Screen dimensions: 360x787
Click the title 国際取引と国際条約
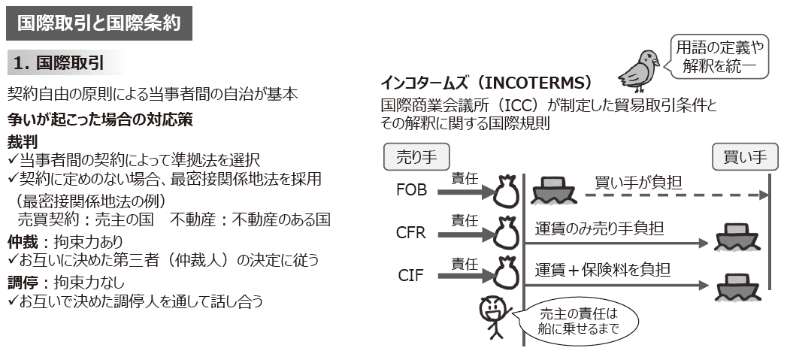point(98,23)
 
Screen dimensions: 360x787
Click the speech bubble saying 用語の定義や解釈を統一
point(720,56)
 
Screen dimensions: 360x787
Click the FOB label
point(411,190)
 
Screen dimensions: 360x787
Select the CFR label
point(411,232)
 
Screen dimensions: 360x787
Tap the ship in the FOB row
point(554,191)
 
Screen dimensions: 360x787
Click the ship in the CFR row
point(734,238)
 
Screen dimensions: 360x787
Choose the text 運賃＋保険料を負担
point(603,269)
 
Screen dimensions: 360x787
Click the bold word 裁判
point(22,141)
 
